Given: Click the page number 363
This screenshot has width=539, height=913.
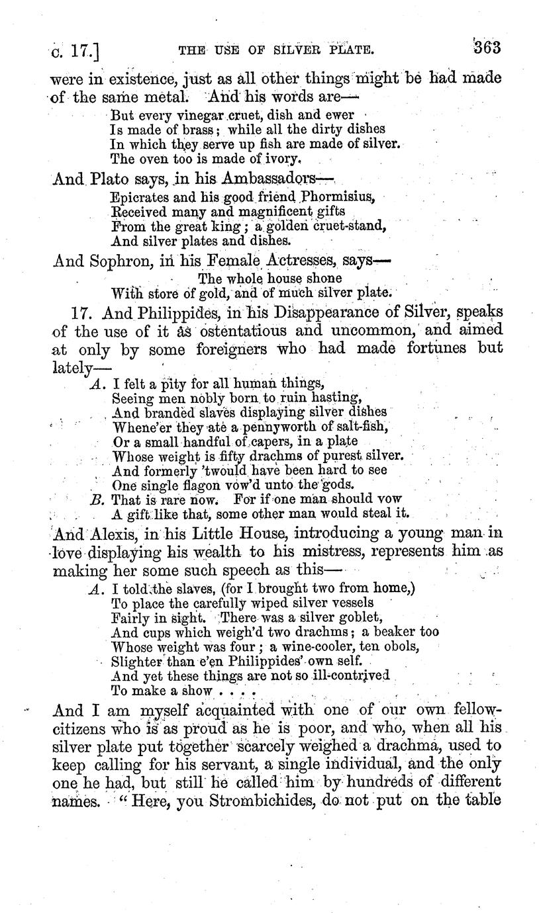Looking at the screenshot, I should pos(485,48).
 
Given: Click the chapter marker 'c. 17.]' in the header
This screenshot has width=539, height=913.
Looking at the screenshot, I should pos(73,50).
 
